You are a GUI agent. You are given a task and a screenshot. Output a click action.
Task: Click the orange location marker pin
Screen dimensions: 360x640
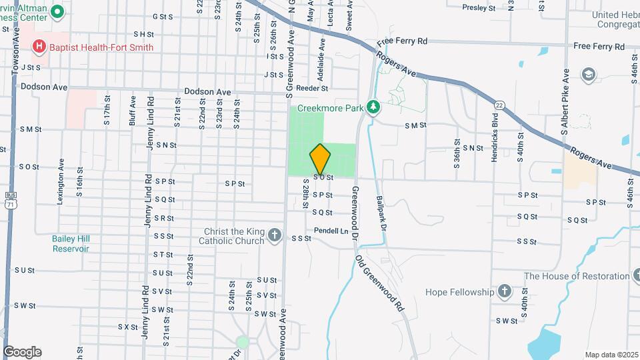click(x=321, y=159)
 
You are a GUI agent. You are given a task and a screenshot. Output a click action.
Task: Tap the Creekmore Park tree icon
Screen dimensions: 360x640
click(x=374, y=107)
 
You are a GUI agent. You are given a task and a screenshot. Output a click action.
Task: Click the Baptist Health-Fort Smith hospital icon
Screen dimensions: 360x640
click(x=39, y=47)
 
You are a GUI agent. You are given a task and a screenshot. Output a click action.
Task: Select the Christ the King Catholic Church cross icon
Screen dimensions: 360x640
click(x=279, y=237)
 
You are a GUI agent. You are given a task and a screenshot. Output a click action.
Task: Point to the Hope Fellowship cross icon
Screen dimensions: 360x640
click(x=505, y=291)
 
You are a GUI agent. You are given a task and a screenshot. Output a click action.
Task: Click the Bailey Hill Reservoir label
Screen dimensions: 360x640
click(x=71, y=243)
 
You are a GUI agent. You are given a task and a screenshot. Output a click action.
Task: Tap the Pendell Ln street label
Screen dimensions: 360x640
click(x=331, y=231)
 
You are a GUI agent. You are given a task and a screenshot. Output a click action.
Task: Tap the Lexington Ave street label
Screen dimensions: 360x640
click(x=61, y=181)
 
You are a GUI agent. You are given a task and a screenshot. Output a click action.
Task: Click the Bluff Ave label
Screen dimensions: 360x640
click(x=133, y=110)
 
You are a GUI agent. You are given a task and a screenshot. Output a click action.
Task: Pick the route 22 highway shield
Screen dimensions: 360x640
click(x=499, y=105)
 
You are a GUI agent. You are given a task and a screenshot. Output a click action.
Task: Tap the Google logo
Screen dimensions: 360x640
click(x=22, y=352)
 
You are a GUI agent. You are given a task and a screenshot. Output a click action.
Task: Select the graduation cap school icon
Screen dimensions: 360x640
click(x=588, y=73)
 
